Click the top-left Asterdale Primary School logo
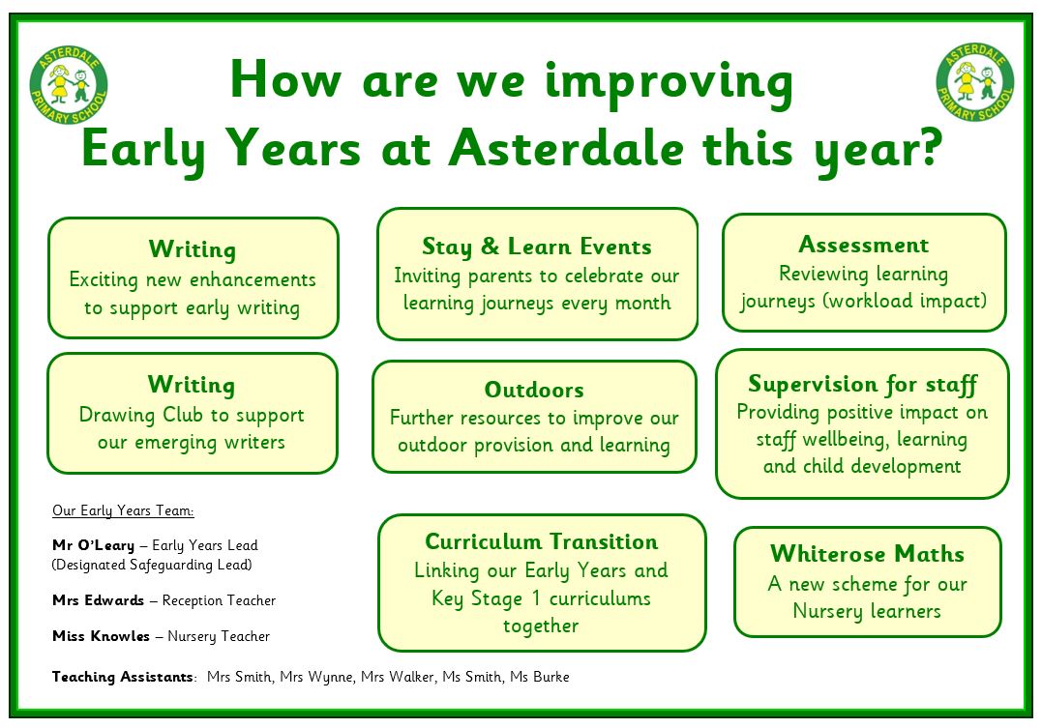pyautogui.click(x=69, y=84)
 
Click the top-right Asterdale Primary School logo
pyautogui.click(x=975, y=82)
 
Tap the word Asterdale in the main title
pyautogui.click(x=566, y=147)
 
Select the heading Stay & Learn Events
pyautogui.click(x=537, y=247)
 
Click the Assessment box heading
pyautogui.click(x=863, y=245)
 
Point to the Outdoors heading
pyautogui.click(x=534, y=390)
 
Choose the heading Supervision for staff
pyautogui.click(x=863, y=384)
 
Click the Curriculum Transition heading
pyautogui.click(x=542, y=541)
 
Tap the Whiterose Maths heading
pyautogui.click(x=867, y=553)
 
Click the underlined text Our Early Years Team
pyautogui.click(x=123, y=510)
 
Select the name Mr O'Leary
pyautogui.click(x=94, y=545)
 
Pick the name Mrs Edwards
pyautogui.click(x=99, y=600)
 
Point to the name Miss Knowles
pyautogui.click(x=101, y=636)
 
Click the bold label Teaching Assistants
pyautogui.click(x=123, y=677)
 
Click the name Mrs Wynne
pyautogui.click(x=316, y=677)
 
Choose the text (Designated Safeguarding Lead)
pyautogui.click(x=152, y=565)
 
